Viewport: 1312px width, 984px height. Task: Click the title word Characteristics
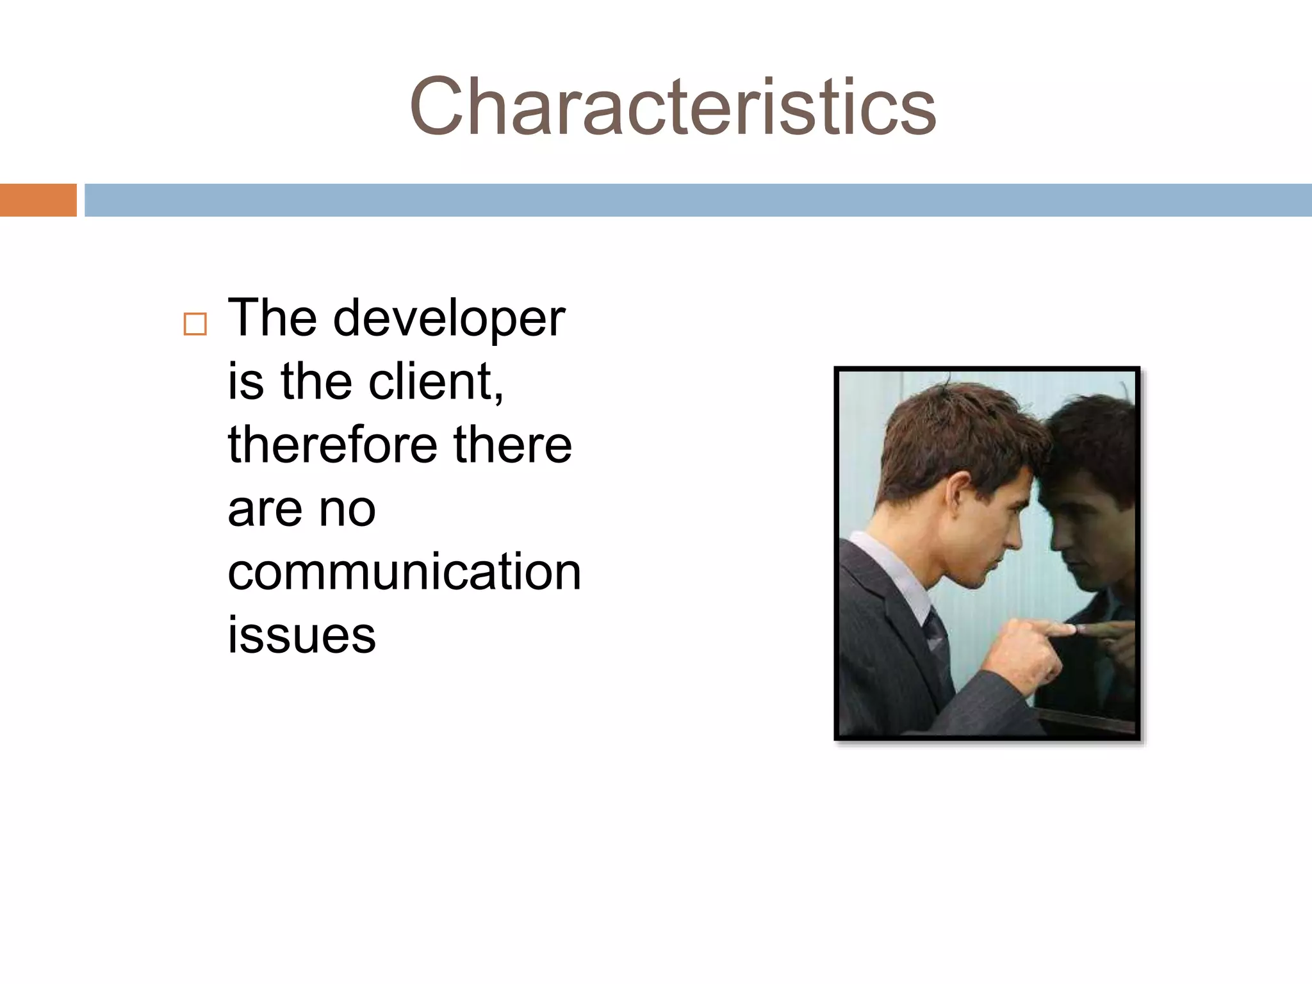[673, 106]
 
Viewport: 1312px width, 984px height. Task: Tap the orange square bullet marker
[195, 324]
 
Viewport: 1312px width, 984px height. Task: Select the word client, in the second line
[436, 382]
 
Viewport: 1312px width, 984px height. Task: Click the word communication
[404, 571]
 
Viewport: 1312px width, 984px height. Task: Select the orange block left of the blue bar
[38, 200]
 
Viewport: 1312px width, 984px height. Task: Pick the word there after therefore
[512, 445]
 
